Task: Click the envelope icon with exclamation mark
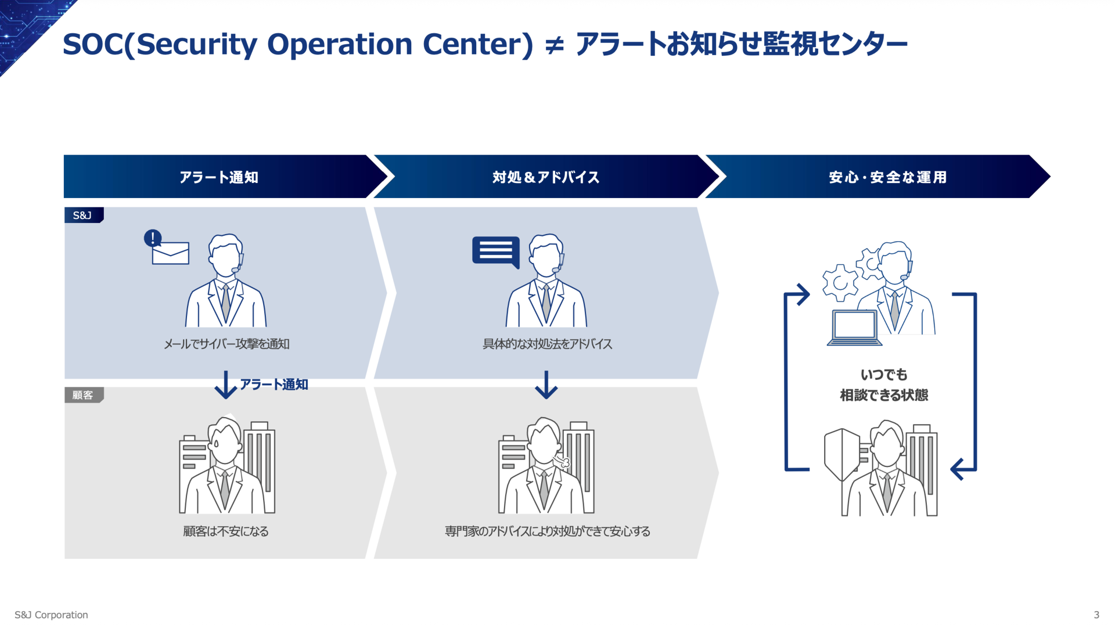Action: (x=167, y=248)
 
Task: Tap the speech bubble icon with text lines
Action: (x=496, y=252)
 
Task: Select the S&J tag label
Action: (x=83, y=215)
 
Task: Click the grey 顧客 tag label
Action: (x=83, y=395)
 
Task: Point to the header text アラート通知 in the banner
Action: (x=218, y=177)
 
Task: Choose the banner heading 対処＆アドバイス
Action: (x=545, y=177)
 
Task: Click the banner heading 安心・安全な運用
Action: (x=887, y=177)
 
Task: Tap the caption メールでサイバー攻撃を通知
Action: (x=226, y=344)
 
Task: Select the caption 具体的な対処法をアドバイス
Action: (x=547, y=344)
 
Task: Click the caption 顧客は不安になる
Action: (x=226, y=531)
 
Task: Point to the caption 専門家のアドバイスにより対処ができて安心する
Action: (x=547, y=531)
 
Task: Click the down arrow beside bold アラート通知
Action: (x=225, y=385)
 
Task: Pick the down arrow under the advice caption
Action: (x=546, y=385)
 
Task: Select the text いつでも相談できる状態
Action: (x=883, y=385)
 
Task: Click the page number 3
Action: (x=1096, y=615)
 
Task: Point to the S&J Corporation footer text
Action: (x=51, y=615)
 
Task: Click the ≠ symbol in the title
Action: (x=555, y=45)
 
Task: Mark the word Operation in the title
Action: (x=339, y=44)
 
